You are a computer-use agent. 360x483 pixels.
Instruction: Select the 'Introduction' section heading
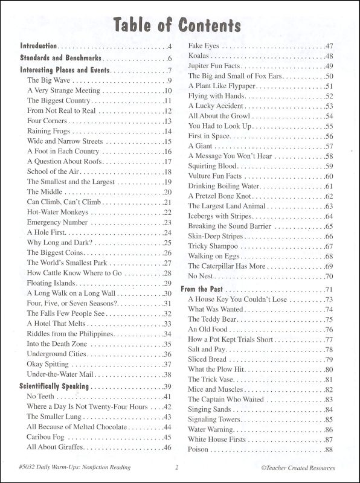coord(39,46)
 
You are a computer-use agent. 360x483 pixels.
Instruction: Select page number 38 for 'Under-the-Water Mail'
coord(167,374)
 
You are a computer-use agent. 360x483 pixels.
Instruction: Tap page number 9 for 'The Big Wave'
coord(170,80)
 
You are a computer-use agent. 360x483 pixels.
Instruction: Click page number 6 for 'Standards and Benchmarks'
coord(170,58)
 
